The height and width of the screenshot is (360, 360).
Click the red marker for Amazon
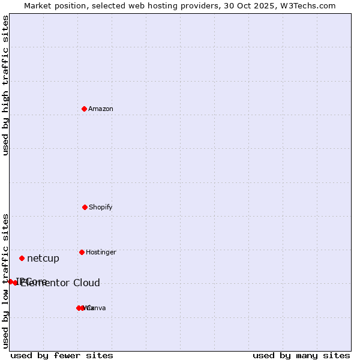coord(84,109)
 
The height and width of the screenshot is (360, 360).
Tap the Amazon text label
coord(101,109)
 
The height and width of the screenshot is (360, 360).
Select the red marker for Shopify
coord(85,207)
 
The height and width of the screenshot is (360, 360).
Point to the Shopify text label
coord(101,207)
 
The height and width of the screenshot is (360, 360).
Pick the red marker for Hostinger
coord(82,252)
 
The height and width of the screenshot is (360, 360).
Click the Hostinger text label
coord(101,252)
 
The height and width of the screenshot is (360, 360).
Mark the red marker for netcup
coord(22,258)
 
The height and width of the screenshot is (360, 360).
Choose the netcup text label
coord(43,259)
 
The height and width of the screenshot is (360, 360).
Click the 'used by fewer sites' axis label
coord(62,355)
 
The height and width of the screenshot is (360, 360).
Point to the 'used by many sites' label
coord(301,355)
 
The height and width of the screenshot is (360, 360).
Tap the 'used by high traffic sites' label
coord(6,85)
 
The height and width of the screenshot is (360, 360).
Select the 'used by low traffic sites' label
coord(6,281)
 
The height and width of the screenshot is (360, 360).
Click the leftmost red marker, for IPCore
coord(10,281)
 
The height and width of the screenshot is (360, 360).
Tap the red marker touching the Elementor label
coord(16,283)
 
